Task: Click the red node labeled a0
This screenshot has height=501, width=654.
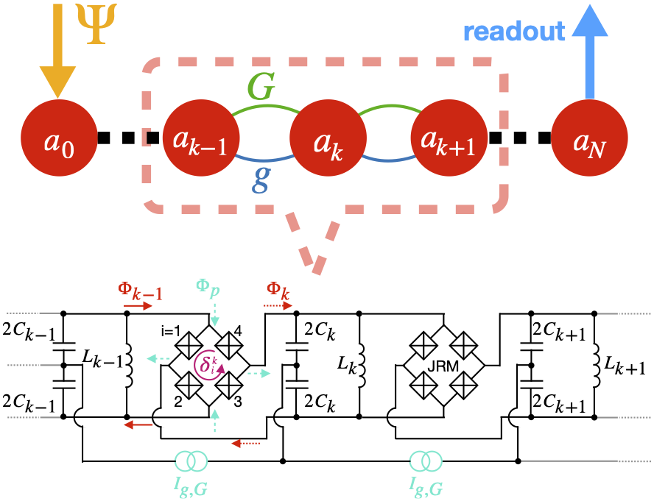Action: point(59,138)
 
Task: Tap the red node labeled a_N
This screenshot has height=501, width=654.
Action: point(589,138)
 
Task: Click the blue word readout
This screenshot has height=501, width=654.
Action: point(514,31)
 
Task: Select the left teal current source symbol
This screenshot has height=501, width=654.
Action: point(191,461)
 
